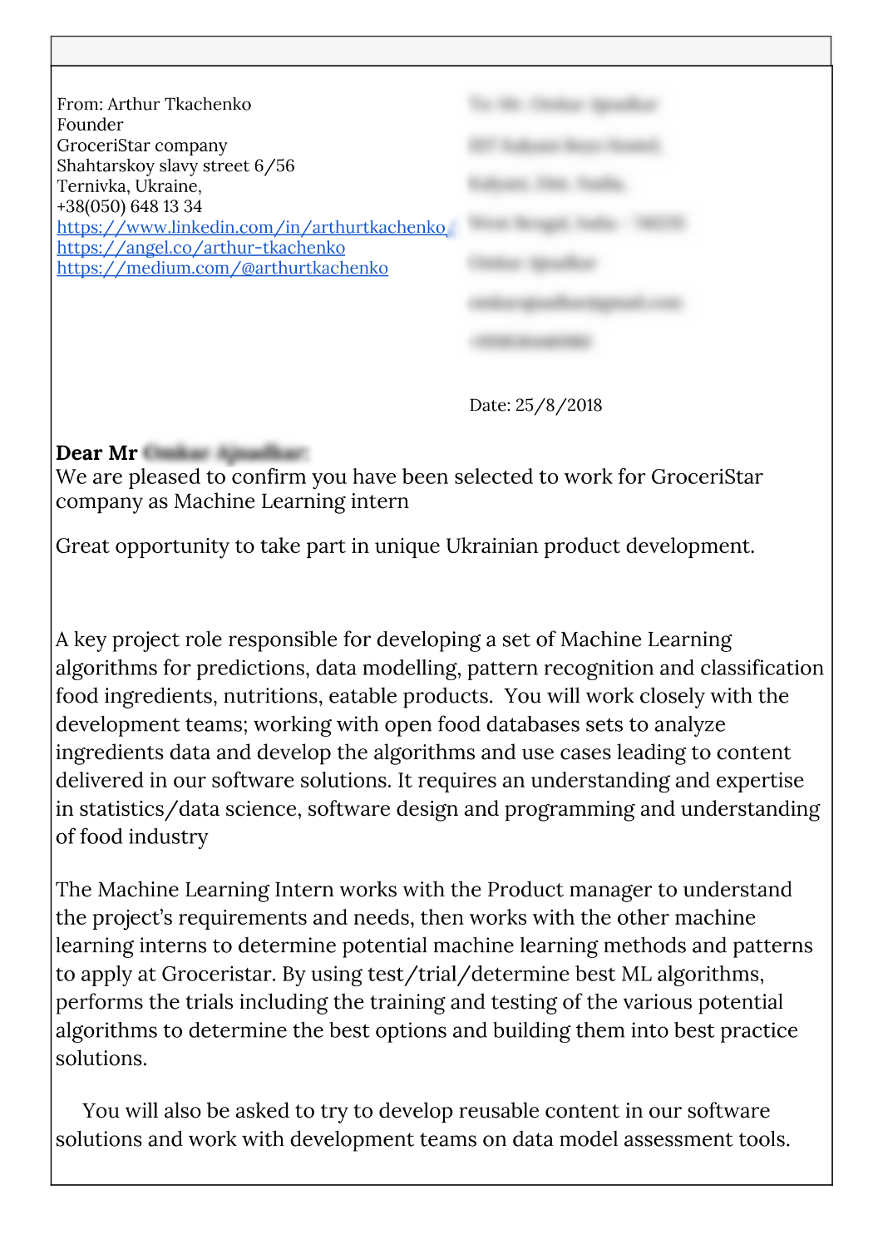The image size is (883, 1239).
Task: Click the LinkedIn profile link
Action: [251, 227]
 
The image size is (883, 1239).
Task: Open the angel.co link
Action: [200, 248]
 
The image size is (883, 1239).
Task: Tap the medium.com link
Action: [222, 268]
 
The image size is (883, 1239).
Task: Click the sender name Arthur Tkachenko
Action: [179, 104]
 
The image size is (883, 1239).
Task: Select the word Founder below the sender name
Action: [90, 125]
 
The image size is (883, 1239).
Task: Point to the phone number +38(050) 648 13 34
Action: [129, 206]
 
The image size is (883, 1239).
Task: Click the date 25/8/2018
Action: [558, 405]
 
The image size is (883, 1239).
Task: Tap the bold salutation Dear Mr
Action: [96, 453]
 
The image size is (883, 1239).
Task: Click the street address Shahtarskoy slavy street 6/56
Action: [175, 165]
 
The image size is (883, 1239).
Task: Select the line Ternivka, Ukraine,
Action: [129, 185]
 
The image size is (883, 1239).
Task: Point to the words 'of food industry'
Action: [131, 837]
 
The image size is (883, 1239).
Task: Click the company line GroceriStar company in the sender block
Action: [141, 146]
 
